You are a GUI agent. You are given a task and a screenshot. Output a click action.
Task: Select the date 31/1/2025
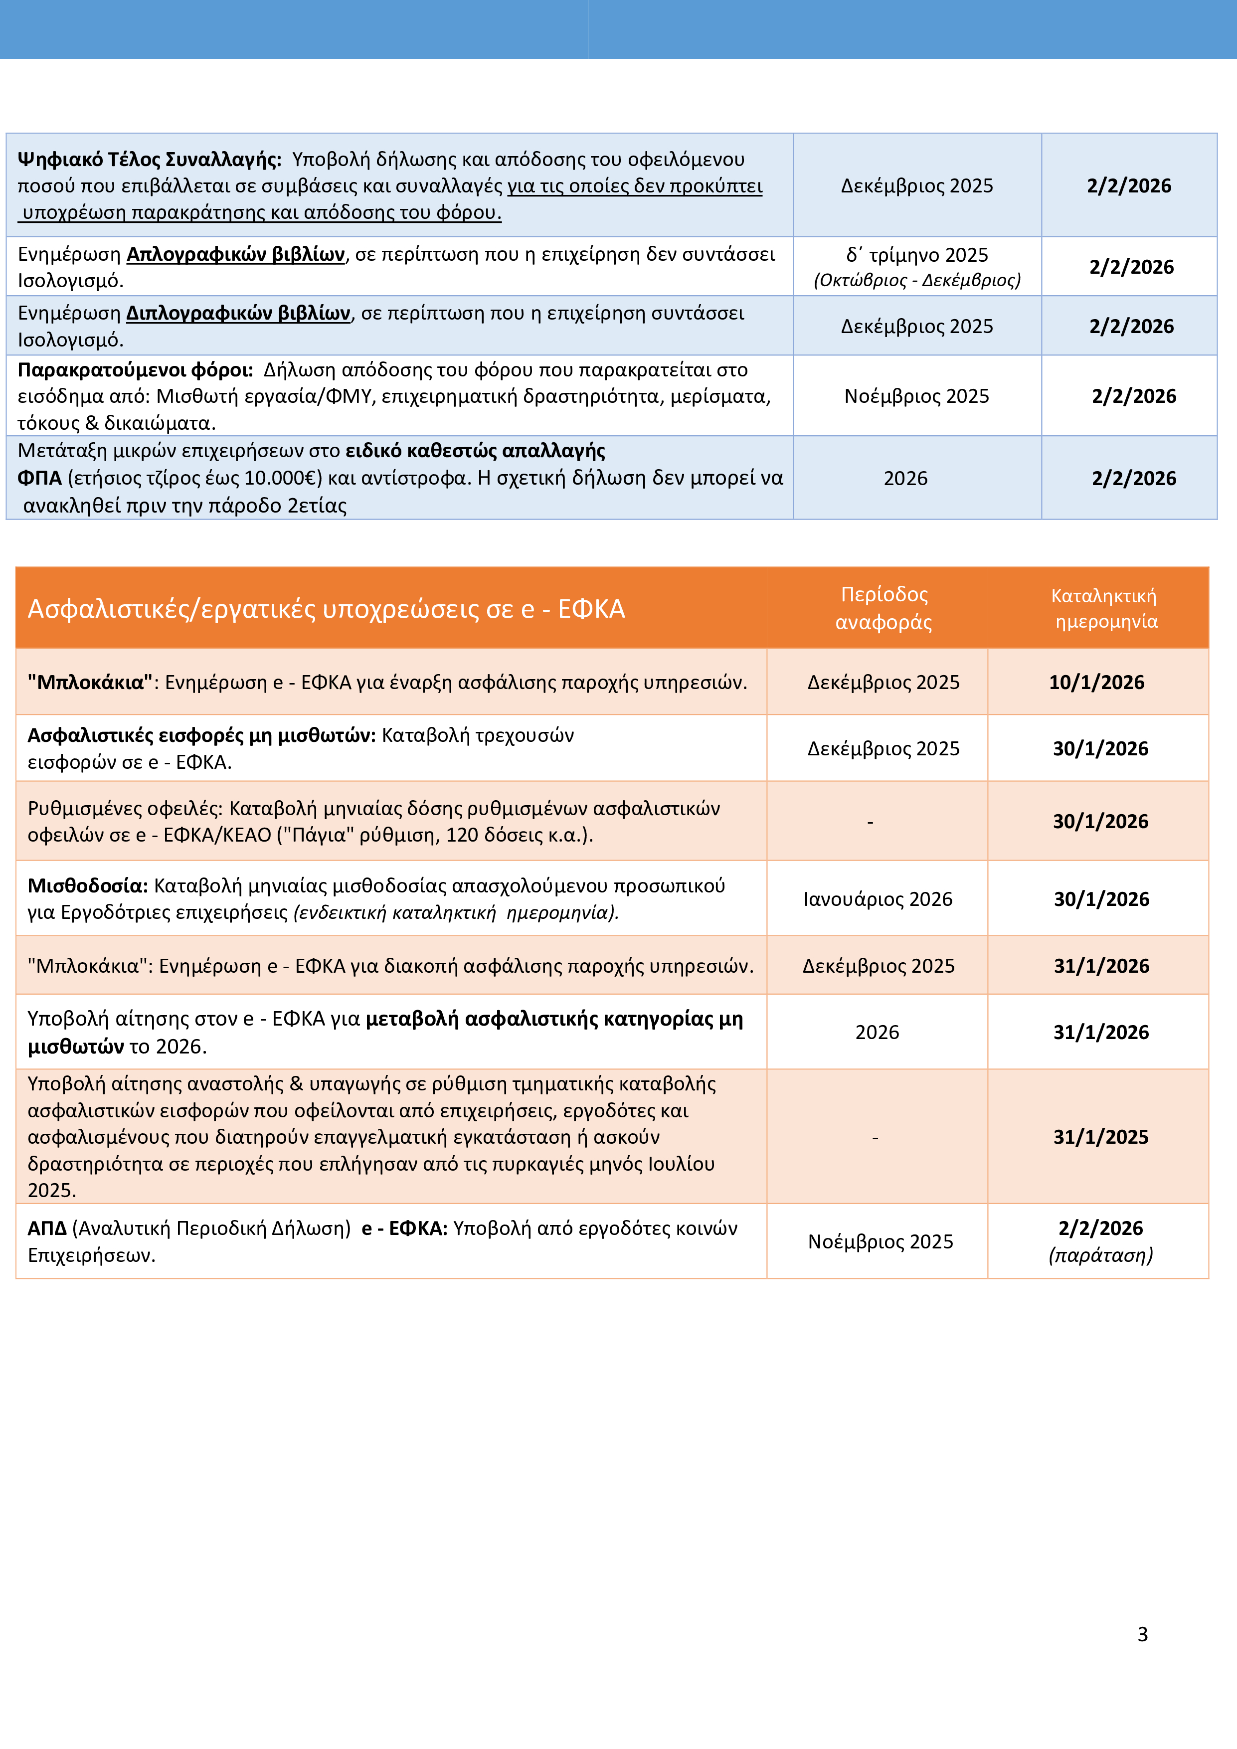click(1101, 1137)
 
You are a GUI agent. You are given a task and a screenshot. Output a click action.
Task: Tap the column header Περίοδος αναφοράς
click(884, 608)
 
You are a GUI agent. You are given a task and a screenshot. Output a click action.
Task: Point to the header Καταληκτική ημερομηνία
click(1104, 608)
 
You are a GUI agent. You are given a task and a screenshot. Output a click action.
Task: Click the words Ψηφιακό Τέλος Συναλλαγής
click(149, 159)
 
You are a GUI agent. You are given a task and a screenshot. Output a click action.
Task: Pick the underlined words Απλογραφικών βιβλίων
click(235, 254)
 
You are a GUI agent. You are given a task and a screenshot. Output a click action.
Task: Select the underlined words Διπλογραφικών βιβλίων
click(238, 313)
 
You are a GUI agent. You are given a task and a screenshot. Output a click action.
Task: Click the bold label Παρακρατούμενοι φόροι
click(135, 370)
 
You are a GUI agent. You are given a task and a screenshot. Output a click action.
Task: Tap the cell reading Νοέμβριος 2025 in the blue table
click(916, 396)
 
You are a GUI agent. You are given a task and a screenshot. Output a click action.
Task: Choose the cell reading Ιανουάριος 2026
click(878, 899)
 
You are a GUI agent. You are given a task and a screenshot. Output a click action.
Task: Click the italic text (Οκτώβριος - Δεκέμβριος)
click(916, 280)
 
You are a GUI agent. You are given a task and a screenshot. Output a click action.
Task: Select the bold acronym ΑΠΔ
click(46, 1228)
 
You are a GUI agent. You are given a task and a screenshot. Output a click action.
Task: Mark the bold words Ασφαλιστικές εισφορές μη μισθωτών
click(201, 735)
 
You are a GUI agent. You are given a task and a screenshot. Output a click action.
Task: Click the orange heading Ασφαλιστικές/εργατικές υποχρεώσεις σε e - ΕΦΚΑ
click(326, 609)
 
